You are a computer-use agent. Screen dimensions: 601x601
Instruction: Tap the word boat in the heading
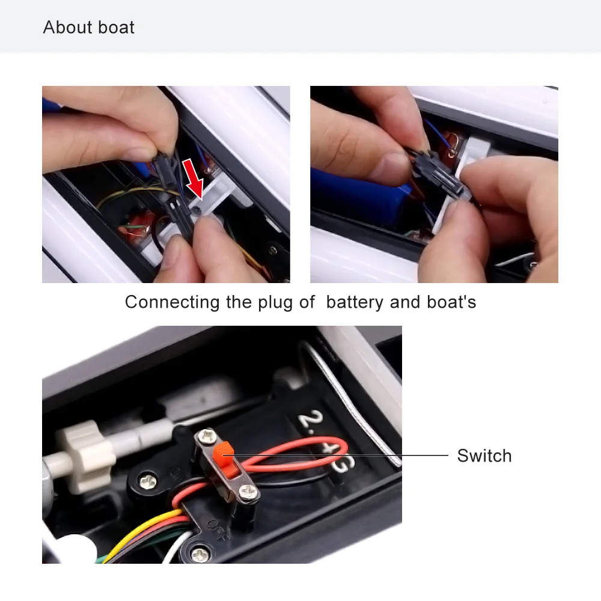click(x=116, y=28)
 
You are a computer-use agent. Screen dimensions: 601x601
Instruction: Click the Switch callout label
click(x=484, y=456)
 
